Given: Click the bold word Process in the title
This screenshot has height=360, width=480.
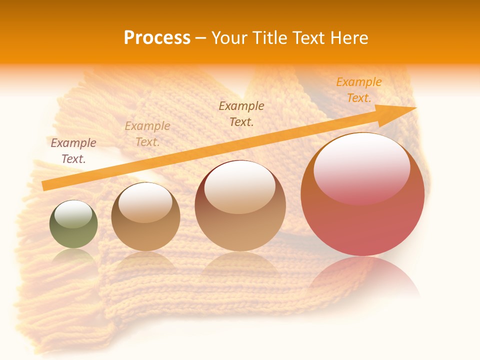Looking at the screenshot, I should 157,38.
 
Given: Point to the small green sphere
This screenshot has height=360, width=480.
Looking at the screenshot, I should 73,224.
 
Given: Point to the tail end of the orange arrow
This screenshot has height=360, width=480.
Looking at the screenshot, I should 44,186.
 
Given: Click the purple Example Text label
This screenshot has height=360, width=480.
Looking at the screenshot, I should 73,151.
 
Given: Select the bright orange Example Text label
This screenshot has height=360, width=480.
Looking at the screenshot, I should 359,90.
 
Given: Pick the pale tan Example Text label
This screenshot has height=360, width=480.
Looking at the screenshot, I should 147,134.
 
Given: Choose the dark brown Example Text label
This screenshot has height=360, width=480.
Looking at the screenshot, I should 241,113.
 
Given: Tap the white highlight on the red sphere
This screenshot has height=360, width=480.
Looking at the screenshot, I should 361,167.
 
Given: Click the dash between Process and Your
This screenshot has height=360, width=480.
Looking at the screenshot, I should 201,38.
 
